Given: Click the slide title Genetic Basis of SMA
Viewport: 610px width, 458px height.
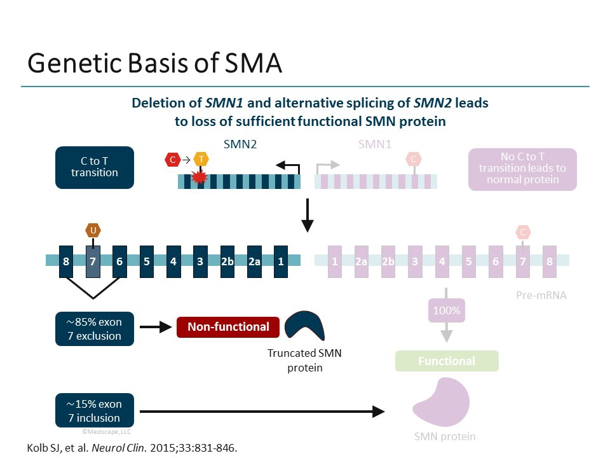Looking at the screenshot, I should click(x=154, y=64).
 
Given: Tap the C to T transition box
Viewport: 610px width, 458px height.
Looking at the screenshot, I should click(x=95, y=167).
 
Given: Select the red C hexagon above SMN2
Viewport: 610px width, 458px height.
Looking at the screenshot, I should click(x=172, y=160).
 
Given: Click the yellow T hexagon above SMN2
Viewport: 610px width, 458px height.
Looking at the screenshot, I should click(x=201, y=160).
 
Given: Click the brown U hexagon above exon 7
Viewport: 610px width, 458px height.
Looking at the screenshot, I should click(x=93, y=230).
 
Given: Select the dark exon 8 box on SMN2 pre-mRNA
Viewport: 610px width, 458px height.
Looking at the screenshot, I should click(x=66, y=261).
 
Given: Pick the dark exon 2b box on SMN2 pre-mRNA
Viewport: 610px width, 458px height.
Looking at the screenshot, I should click(x=227, y=261).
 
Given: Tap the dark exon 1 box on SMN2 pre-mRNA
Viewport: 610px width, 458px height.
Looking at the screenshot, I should click(x=281, y=261).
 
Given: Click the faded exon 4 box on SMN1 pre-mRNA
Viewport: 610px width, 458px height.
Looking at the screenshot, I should click(x=442, y=261).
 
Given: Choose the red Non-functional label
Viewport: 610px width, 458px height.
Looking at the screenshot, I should click(x=228, y=327).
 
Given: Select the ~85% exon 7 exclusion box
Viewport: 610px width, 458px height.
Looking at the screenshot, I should click(x=95, y=328).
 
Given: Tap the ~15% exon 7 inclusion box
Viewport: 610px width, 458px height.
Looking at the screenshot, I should click(x=95, y=411).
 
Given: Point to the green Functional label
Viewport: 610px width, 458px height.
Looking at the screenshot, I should click(x=447, y=361).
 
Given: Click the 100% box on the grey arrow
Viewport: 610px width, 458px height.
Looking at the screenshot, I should click(x=447, y=312).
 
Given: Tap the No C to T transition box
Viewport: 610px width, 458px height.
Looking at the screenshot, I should click(x=522, y=169).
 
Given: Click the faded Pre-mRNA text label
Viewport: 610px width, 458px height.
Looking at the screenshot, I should click(x=541, y=295).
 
